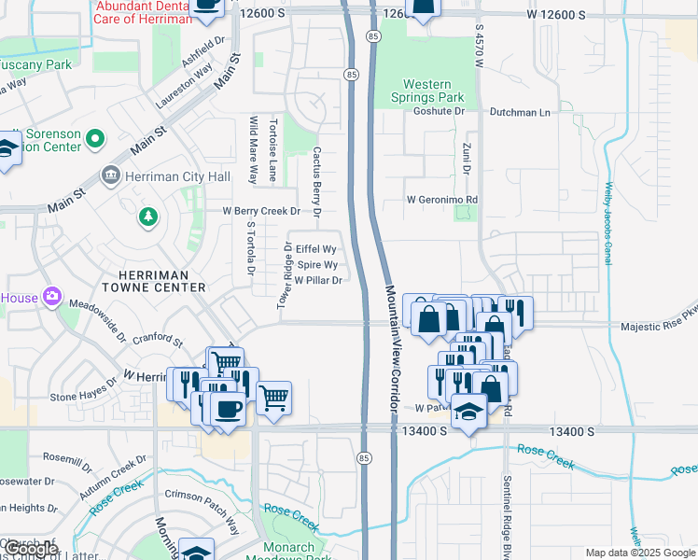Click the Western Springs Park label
point(426,91)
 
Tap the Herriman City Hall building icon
point(110,175)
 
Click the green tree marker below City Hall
point(147,217)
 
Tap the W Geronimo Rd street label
point(441,200)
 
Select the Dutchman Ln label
point(520,112)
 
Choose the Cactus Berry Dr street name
point(317,181)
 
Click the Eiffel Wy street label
point(314,249)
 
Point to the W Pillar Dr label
point(318,280)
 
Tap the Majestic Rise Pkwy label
point(659,328)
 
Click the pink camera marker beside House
point(52,297)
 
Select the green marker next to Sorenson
point(94,140)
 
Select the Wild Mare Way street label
point(252,149)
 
